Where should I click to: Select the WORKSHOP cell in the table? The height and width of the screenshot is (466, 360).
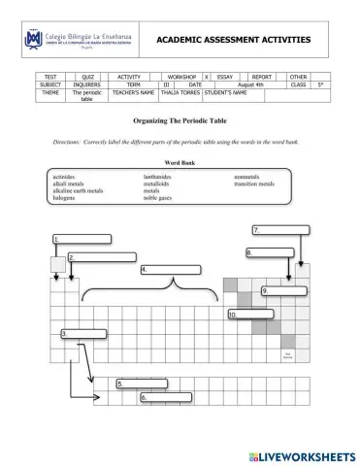(181, 76)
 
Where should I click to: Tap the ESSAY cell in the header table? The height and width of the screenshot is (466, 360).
(226, 76)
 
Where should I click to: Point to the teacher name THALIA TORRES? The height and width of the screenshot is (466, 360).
(180, 93)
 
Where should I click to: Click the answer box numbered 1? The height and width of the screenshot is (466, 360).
(82, 239)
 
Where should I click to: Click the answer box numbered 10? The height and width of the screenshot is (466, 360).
(254, 315)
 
